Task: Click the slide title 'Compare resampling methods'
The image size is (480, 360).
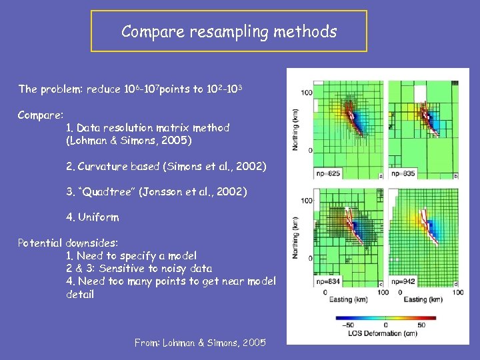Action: [229, 31]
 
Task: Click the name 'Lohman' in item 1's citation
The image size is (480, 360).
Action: [87, 141]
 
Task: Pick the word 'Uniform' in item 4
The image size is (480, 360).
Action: [99, 217]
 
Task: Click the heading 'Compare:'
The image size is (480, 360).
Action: [41, 115]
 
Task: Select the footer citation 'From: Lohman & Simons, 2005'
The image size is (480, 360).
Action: [199, 343]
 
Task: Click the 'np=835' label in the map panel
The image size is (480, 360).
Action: [403, 174]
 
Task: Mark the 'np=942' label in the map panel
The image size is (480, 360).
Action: [403, 281]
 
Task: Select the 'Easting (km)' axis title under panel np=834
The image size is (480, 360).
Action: [346, 300]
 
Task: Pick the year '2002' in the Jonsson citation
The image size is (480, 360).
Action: [229, 191]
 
